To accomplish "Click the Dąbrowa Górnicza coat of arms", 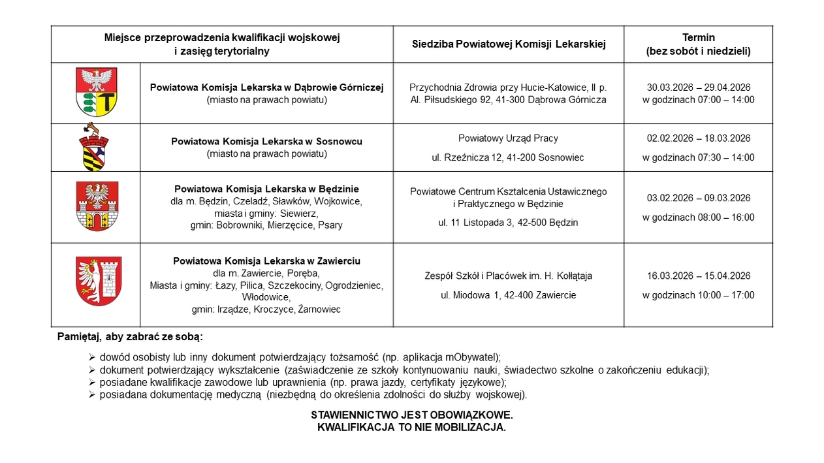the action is [x=97, y=92].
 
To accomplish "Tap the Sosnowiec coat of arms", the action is [x=95, y=147].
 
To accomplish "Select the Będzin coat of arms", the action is [x=97, y=206].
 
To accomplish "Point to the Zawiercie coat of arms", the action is [x=99, y=281].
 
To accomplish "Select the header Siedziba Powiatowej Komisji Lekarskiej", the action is [x=509, y=44].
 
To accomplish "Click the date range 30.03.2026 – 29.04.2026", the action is [x=698, y=88].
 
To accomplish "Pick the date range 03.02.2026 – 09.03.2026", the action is [x=698, y=198].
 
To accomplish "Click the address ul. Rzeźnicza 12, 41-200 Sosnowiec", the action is [x=508, y=157].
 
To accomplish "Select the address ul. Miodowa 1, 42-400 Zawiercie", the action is [x=508, y=295].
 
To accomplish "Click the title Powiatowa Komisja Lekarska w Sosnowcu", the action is [x=266, y=141].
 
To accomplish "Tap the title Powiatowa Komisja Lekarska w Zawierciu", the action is [x=266, y=261].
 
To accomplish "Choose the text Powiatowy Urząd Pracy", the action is [x=508, y=138].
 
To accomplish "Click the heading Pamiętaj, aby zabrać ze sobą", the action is [x=131, y=337].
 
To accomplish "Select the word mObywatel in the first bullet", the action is [x=471, y=357].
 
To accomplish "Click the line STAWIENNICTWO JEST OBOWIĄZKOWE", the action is [x=412, y=415].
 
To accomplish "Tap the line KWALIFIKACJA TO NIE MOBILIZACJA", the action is [x=412, y=428].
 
